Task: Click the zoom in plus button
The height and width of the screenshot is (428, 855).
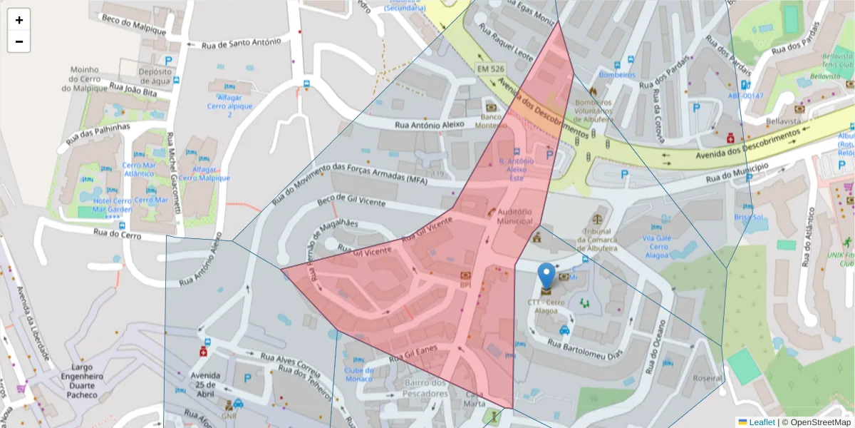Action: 19,20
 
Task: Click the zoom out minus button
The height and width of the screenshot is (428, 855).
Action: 19,41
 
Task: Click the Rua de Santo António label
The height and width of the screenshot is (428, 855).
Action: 241,43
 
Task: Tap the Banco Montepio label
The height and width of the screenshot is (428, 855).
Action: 496,121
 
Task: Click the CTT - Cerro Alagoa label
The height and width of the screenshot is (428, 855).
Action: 547,307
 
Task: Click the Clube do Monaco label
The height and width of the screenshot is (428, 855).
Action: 358,374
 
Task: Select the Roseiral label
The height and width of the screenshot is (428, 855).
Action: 708,378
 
